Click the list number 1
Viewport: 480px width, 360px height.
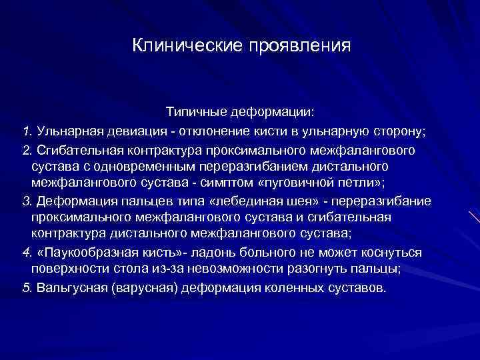pyautogui.click(x=26, y=128)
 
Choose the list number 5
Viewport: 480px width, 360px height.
pyautogui.click(x=26, y=289)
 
